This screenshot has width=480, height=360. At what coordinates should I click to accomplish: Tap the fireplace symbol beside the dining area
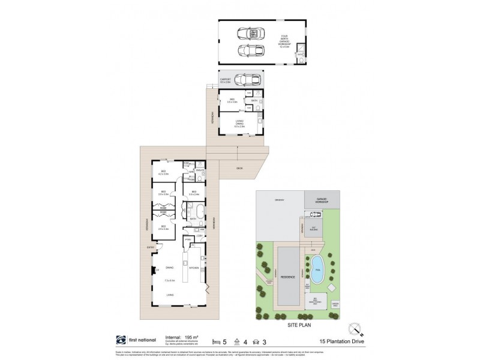tap(153, 270)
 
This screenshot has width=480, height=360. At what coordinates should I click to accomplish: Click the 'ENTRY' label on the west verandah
tap(144, 247)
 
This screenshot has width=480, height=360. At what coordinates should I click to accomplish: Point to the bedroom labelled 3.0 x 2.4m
tap(194, 193)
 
